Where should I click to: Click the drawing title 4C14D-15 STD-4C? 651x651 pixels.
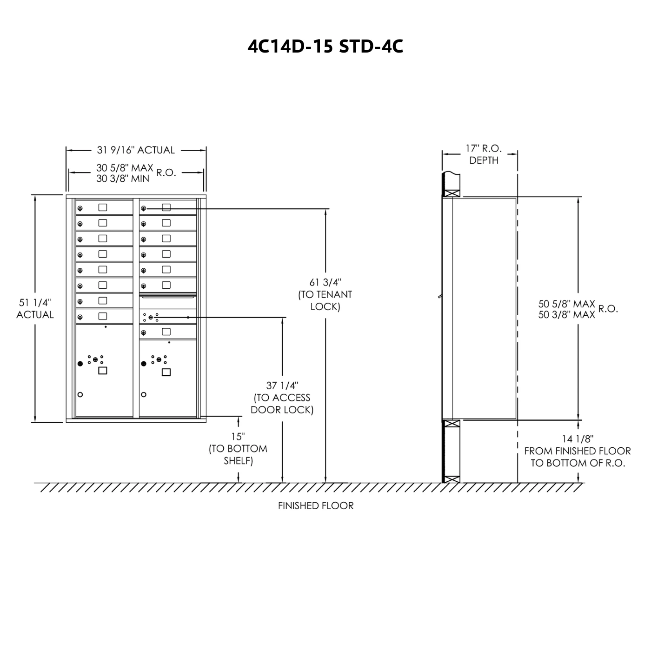pos(325,46)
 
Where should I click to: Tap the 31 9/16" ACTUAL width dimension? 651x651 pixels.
pos(136,150)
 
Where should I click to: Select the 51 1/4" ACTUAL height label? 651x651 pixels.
pos(35,308)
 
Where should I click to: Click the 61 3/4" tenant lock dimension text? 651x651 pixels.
pos(325,294)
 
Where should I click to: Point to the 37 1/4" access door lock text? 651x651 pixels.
pos(282,398)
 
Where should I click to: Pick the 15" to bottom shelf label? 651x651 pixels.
pos(238,449)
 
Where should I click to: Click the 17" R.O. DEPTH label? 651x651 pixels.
pos(484,154)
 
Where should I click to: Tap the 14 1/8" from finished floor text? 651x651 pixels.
pos(578,451)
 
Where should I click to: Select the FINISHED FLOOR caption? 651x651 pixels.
pos(316,505)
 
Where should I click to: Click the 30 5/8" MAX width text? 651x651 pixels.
pos(125,167)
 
